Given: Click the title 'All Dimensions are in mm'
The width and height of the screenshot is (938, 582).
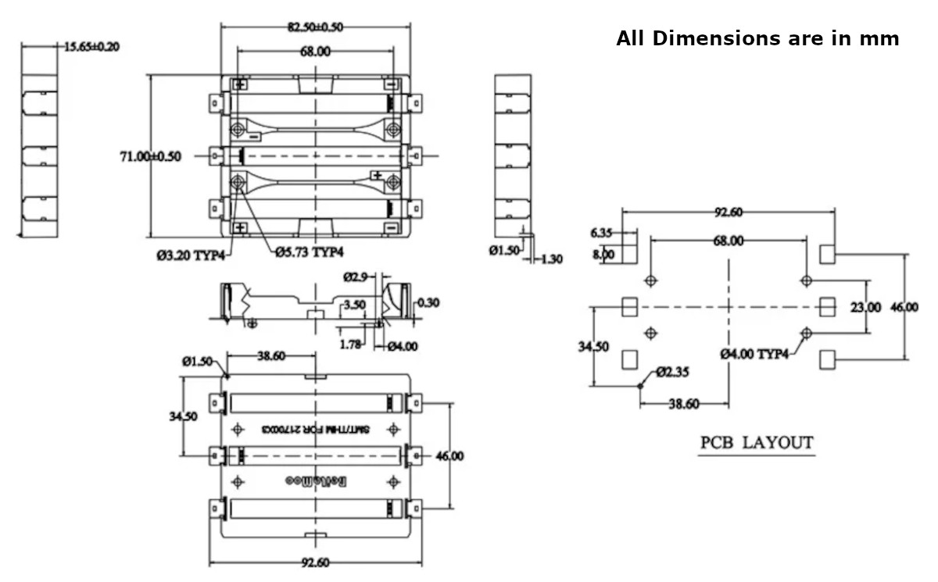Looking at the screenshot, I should pyautogui.click(x=757, y=38).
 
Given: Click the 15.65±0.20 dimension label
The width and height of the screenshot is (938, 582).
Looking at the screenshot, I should pyautogui.click(x=91, y=47).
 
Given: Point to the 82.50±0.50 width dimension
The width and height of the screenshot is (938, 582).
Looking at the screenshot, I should pyautogui.click(x=314, y=27).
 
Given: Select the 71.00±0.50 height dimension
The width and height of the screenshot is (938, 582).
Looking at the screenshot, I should pyautogui.click(x=150, y=156).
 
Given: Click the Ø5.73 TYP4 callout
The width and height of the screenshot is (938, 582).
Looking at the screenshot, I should pyautogui.click(x=310, y=252).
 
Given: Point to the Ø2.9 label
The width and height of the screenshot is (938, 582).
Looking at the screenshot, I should pyautogui.click(x=356, y=277).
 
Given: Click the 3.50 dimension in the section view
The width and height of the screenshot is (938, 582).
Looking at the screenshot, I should pyautogui.click(x=354, y=305).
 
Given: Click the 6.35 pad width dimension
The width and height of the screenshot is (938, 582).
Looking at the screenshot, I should pyautogui.click(x=603, y=232).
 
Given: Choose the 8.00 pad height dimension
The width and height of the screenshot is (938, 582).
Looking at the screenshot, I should pyautogui.click(x=603, y=254).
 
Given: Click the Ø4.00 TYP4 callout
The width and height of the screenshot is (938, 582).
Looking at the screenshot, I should pyautogui.click(x=754, y=354).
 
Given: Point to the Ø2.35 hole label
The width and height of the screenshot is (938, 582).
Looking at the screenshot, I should pyautogui.click(x=672, y=372).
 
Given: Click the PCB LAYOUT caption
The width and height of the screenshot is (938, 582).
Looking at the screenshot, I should pyautogui.click(x=756, y=443).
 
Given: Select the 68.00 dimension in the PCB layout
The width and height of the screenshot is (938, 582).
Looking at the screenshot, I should pyautogui.click(x=727, y=241).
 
